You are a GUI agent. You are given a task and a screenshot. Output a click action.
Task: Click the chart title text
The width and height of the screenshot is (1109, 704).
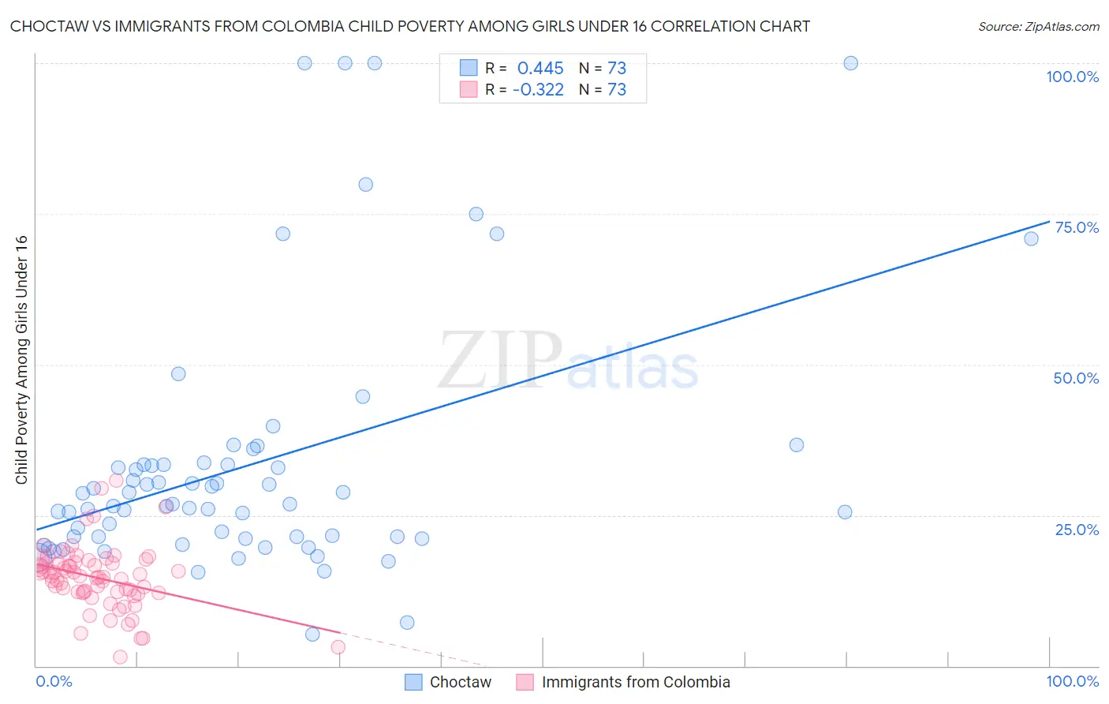(410, 26)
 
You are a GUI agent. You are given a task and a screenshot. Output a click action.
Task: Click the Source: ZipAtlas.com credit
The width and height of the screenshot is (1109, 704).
(1038, 26)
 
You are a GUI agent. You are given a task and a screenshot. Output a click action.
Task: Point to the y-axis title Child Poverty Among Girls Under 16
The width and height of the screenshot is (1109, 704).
(21, 360)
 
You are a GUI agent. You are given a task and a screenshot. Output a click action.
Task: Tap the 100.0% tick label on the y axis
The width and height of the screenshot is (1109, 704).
(1072, 77)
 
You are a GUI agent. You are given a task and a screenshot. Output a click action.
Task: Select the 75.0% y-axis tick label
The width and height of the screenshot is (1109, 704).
(1077, 227)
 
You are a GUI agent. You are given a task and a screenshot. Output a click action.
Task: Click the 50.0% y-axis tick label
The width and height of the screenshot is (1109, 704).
(1076, 378)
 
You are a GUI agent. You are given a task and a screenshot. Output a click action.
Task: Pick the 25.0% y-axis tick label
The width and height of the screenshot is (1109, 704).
(1077, 530)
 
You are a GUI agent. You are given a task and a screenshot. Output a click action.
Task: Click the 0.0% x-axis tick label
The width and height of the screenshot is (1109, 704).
(54, 681)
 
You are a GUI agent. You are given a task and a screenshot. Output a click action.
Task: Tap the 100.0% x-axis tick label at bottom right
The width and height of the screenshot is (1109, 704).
(1072, 681)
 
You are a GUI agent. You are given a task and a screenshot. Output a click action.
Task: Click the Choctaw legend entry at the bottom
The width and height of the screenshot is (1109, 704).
(460, 682)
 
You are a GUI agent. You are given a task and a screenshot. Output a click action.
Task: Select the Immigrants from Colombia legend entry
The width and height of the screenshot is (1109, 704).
(636, 682)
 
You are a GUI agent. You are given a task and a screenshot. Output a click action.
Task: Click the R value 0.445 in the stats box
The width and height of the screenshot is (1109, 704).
(540, 69)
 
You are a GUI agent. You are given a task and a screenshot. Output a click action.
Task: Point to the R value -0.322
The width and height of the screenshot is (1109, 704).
(538, 90)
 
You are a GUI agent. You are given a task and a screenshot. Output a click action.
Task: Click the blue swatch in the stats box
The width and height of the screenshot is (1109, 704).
(469, 68)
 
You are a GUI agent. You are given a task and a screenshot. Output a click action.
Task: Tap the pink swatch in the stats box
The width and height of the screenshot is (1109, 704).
(469, 89)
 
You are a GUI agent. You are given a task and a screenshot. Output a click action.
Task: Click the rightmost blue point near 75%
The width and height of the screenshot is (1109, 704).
(1031, 239)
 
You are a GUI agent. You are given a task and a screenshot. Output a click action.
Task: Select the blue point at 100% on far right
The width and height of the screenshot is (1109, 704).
(850, 63)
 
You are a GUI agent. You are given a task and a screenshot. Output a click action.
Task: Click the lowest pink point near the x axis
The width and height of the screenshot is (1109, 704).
(121, 657)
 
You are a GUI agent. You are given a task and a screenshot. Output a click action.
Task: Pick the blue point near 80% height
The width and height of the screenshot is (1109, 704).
(365, 185)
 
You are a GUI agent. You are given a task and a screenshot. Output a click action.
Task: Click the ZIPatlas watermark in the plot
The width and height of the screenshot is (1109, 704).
(568, 361)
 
